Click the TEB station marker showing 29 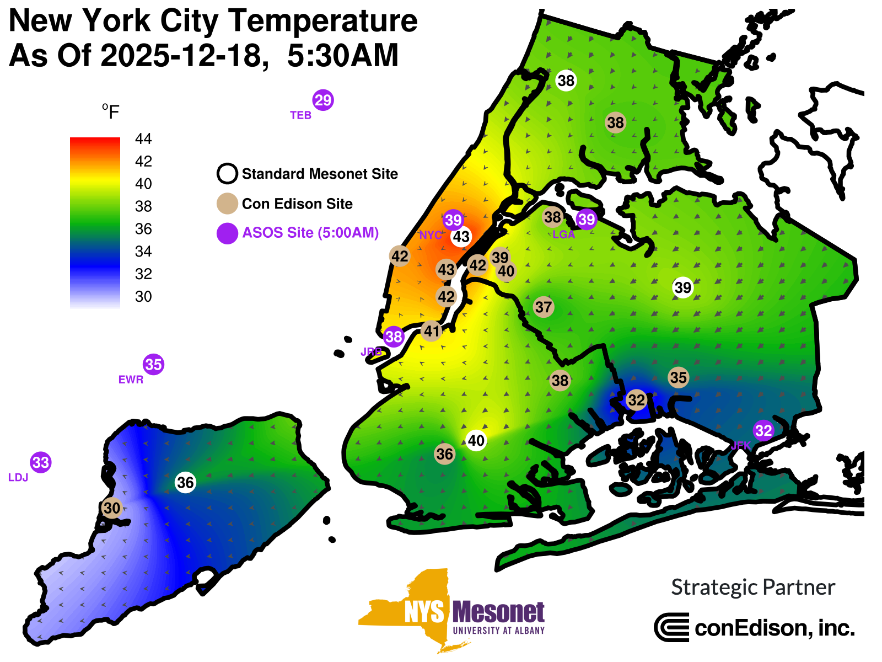coord(323,100)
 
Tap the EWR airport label coord(131,380)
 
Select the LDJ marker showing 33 coord(41,462)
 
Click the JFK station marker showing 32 coord(763,430)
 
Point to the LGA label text coord(563,234)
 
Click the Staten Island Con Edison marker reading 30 coord(112,508)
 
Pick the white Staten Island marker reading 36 coord(185,483)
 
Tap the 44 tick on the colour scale coord(143,139)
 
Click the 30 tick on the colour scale coord(143,297)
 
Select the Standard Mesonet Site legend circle coord(227,174)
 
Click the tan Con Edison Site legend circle coord(227,204)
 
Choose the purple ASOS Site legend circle coord(227,233)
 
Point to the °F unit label coord(111,112)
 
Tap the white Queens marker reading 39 coord(682,287)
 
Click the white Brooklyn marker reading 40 coord(476,441)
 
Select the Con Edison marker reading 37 coord(544,307)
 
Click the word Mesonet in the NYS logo coord(498,612)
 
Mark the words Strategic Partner coord(753,588)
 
